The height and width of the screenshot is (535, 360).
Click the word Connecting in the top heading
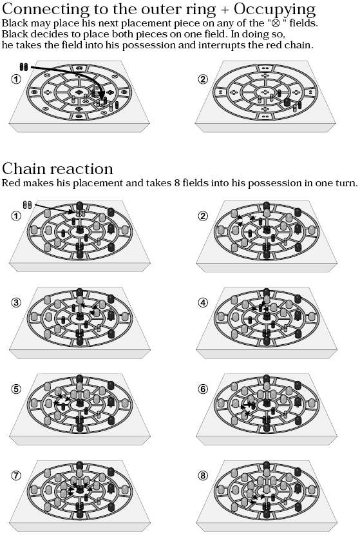pos(45,10)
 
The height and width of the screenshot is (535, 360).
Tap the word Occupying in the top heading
pos(274,10)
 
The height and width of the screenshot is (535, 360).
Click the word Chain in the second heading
pos(25,169)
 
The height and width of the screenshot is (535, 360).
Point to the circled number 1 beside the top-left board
pos(16,79)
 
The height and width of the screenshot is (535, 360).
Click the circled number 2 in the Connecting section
pos(203,79)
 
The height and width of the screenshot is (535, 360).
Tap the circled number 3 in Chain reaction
pos(16,302)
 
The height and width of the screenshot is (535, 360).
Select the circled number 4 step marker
pos(203,302)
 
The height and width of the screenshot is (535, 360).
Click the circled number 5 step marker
pos(16,389)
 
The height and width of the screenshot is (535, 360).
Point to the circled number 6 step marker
pos(203,389)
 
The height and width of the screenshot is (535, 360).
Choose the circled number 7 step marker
pos(16,475)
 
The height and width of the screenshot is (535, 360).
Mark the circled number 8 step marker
pos(203,475)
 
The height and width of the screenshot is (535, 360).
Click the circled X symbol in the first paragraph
pos(276,24)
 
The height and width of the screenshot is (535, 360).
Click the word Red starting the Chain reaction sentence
pos(10,183)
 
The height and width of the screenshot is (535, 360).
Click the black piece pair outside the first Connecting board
pos(24,67)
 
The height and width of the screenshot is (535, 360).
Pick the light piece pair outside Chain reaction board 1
pos(27,205)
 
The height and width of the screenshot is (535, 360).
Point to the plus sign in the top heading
pos(225,10)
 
